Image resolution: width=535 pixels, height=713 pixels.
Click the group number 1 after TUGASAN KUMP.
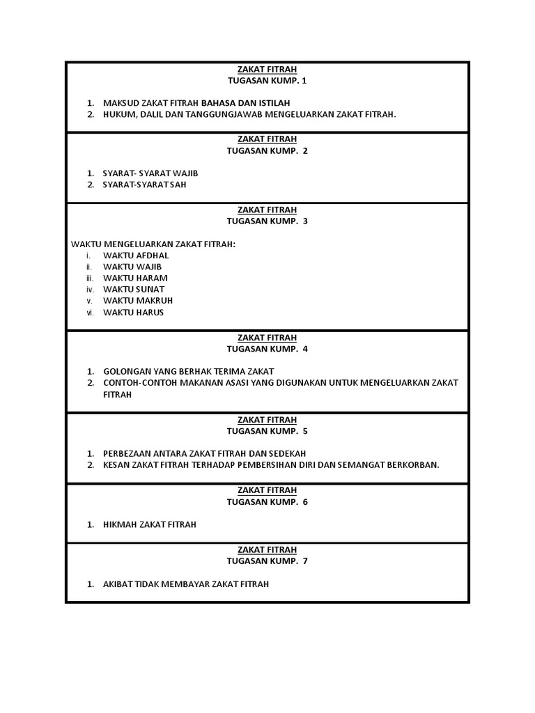(304, 81)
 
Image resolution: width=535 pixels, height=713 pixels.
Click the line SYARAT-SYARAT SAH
(144, 185)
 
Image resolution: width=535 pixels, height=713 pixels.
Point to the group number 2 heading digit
(304, 150)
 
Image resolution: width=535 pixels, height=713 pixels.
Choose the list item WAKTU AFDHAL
(136, 256)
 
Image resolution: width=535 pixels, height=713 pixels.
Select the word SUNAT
(150, 289)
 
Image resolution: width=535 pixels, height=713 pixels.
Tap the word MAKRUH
(154, 301)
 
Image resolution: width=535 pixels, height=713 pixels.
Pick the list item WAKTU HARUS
(133, 313)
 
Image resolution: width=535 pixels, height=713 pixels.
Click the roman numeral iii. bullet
(89, 278)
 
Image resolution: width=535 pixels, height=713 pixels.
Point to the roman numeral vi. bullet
(89, 313)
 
